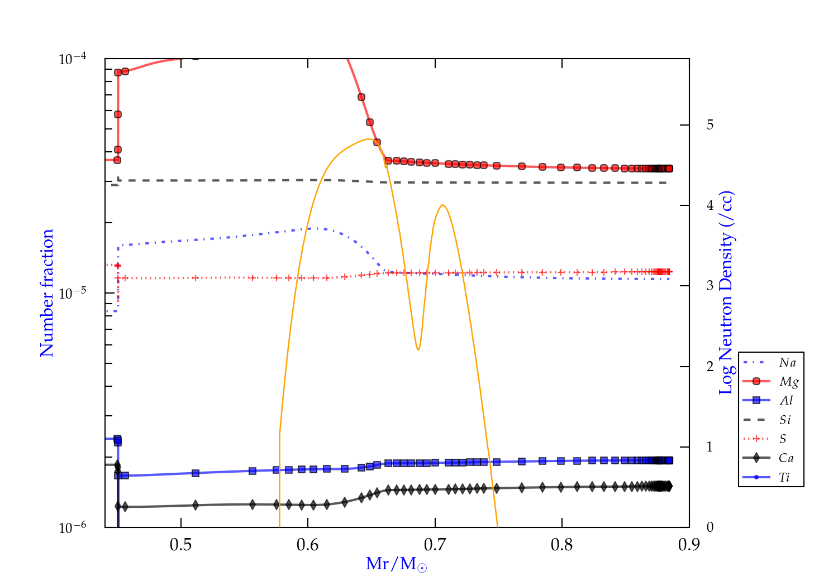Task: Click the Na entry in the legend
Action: point(787,363)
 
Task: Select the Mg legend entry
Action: point(788,382)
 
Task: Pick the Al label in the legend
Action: point(787,401)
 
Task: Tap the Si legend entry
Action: point(785,420)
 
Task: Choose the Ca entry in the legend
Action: point(786,458)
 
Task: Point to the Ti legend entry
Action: point(784,477)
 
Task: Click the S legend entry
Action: point(783,439)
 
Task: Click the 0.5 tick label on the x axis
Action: point(180,545)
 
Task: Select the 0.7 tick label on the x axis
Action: point(435,545)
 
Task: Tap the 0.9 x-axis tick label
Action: point(689,545)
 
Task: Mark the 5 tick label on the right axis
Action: point(710,124)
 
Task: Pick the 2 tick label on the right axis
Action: point(710,367)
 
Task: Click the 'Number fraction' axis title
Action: point(47,293)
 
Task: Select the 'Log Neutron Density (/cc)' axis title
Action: point(726,293)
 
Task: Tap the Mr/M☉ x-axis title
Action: point(396,564)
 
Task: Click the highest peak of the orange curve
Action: point(368,139)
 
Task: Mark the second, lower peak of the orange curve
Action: point(442,205)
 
